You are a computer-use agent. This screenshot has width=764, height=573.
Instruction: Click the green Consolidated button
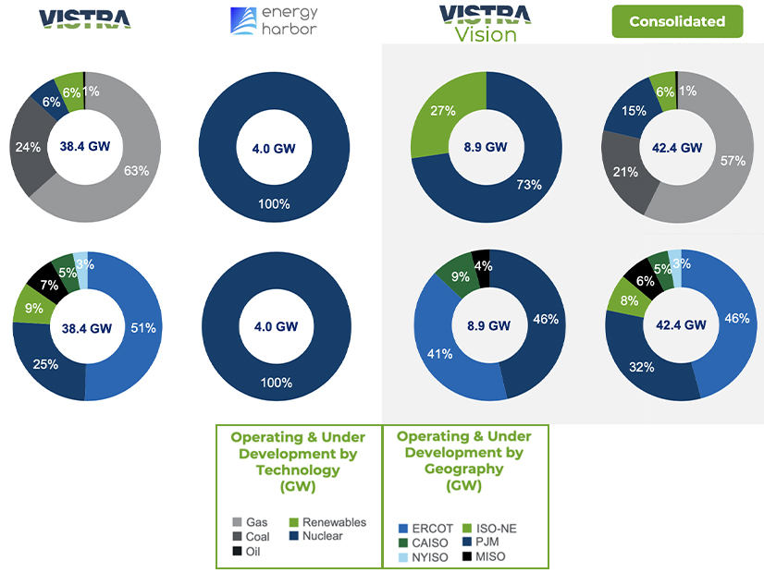click(x=676, y=21)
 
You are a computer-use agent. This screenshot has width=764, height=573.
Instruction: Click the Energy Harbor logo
click(x=273, y=21)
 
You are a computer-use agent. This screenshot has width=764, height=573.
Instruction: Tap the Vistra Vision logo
click(x=485, y=23)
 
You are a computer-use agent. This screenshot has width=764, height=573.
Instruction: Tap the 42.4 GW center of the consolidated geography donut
click(x=681, y=325)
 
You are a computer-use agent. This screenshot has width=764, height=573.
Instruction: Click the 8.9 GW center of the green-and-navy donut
click(x=486, y=146)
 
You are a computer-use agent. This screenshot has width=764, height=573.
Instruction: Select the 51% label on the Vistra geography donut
click(x=143, y=327)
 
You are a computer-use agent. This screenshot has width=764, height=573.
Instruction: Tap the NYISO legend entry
click(x=425, y=557)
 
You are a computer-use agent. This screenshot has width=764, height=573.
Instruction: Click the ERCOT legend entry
click(x=425, y=528)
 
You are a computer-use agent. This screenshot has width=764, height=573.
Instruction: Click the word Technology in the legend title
click(x=298, y=469)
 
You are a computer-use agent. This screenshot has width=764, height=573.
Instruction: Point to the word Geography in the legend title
click(x=463, y=469)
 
